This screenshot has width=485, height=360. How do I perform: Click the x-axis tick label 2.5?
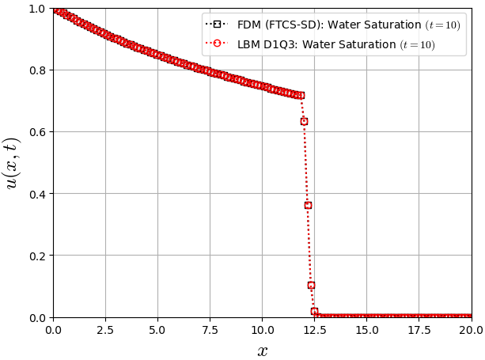105,328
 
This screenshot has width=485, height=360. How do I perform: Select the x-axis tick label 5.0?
157,328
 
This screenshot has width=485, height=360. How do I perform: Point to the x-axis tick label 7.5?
210,328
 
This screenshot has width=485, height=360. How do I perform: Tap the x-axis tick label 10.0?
262,328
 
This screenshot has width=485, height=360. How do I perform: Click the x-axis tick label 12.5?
314,328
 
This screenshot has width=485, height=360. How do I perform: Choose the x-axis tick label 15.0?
366,328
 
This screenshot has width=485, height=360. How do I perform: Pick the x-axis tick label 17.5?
419,328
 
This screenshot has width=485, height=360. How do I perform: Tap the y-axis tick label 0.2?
37,256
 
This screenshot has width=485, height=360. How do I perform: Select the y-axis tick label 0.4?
37,194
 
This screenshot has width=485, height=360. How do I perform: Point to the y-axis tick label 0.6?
37,132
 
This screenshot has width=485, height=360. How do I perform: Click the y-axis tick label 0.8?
37,70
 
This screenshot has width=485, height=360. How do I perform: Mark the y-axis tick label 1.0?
37,9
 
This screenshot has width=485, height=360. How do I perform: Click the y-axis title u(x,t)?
13,163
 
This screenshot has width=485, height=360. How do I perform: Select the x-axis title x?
262,351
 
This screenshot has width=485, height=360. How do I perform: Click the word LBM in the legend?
251,44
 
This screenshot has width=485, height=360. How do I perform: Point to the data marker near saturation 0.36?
308,205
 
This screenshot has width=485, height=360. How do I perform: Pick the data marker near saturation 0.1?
311,285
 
